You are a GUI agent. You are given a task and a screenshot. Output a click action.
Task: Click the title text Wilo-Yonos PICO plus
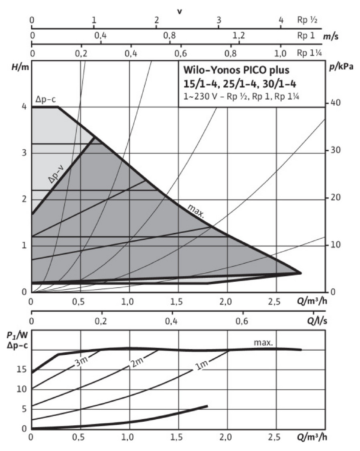236,71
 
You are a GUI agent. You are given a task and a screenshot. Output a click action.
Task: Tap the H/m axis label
20,67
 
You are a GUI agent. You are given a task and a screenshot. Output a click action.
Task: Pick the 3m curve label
81,362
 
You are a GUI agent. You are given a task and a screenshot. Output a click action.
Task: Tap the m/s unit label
331,37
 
